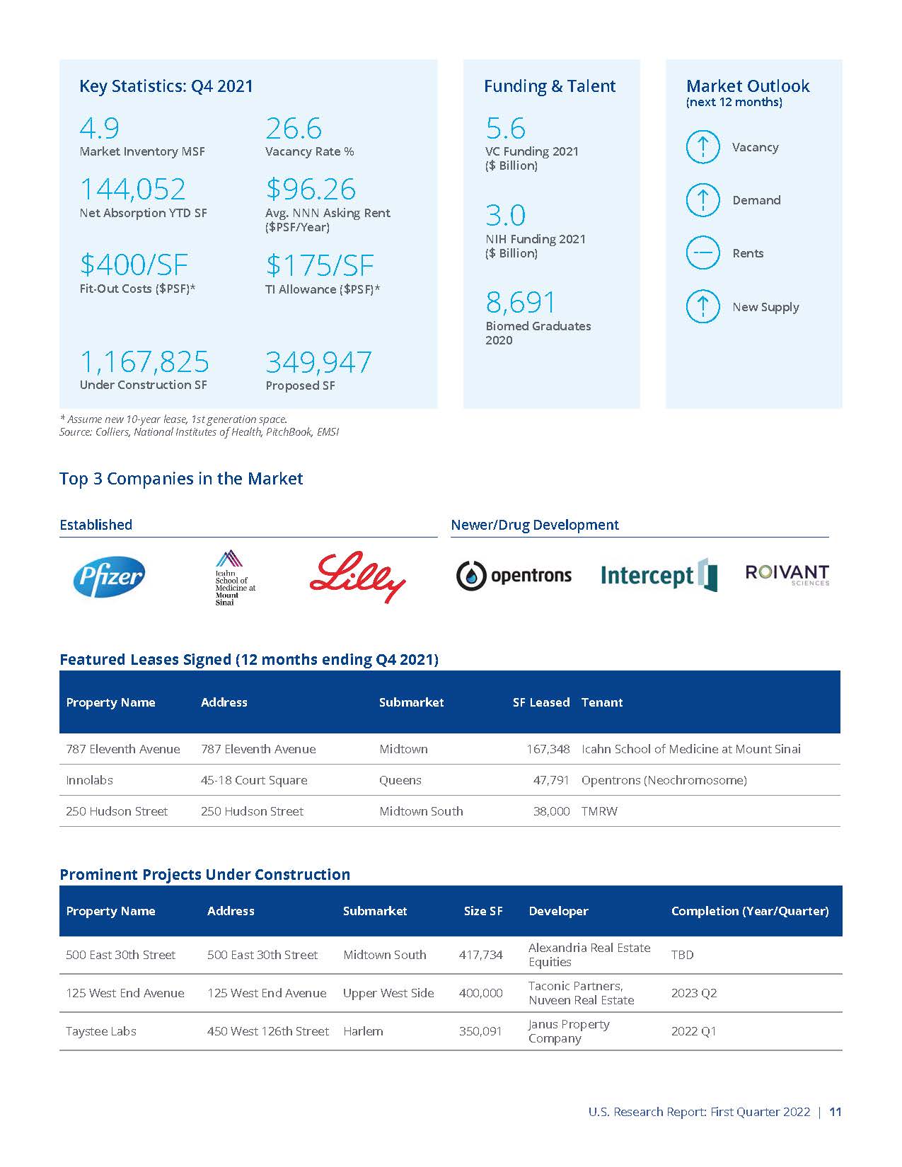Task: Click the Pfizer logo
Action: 109,576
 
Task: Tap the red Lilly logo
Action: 357,576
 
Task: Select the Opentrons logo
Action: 514,576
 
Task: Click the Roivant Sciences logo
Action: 787,574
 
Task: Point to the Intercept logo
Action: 659,575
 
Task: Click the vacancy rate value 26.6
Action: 294,129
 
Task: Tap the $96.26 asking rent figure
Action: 311,189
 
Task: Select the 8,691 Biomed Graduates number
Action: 521,303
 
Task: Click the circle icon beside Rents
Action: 702,253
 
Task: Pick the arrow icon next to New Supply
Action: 702,306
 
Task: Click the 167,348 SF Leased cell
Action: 548,749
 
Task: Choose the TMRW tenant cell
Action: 599,811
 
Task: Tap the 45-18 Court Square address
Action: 254,780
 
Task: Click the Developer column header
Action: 558,911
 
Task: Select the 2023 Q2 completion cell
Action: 693,993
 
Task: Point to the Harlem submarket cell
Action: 363,1031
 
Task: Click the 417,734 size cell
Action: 480,955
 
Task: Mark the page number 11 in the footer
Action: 835,1112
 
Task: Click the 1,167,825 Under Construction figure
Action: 144,362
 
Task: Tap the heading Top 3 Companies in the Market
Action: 181,479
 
